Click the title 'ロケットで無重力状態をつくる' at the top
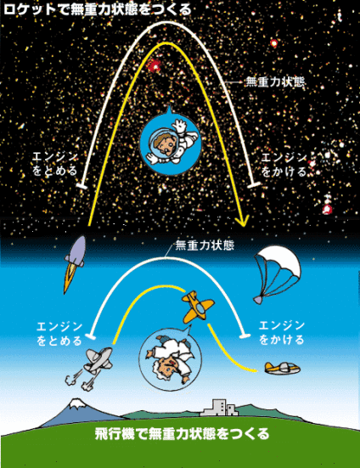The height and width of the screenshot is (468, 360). pyautogui.click(x=98, y=9)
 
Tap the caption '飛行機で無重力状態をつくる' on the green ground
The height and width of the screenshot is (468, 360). pyautogui.click(x=183, y=434)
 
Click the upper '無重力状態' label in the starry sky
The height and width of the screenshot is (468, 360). pyautogui.click(x=275, y=82)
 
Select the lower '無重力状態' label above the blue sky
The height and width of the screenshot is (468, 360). pyautogui.click(x=205, y=245)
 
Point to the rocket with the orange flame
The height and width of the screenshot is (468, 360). pyautogui.click(x=75, y=262)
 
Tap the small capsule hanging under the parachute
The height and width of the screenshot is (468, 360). pyautogui.click(x=259, y=299)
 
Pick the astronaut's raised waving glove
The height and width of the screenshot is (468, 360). pyautogui.click(x=180, y=125)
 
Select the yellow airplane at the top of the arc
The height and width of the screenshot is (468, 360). pyautogui.click(x=197, y=307)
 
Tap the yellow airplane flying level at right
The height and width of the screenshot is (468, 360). pyautogui.click(x=282, y=368)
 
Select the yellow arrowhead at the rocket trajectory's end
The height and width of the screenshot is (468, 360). pyautogui.click(x=242, y=222)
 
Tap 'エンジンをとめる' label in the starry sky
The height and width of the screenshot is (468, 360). pyautogui.click(x=55, y=164)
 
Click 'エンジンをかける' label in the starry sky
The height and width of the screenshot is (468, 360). pyautogui.click(x=284, y=165)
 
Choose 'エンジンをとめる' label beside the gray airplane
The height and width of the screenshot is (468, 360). pyautogui.click(x=59, y=334)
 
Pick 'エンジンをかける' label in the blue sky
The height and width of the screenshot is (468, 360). pyautogui.click(x=282, y=333)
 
